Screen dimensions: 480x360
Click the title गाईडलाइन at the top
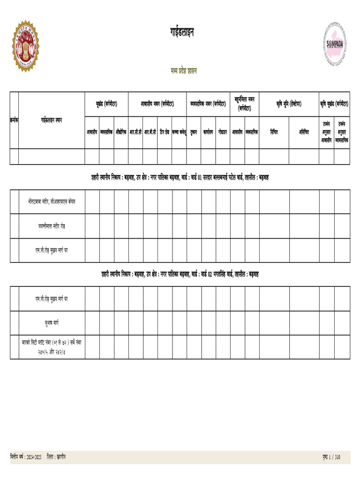(x=182, y=32)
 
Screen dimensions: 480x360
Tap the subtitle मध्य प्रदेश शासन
(x=183, y=71)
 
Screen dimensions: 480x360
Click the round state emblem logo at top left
(x=26, y=46)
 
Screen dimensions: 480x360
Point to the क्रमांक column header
(x=14, y=120)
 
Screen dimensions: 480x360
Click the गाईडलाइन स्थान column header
(x=51, y=120)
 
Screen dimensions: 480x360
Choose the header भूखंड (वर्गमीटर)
(x=106, y=104)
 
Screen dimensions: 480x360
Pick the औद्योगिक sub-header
(x=121, y=133)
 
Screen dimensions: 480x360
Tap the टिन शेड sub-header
(x=165, y=133)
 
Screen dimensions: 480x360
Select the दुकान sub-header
(x=194, y=133)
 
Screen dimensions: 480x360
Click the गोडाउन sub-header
(x=223, y=133)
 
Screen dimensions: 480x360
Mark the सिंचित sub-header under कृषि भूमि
(x=274, y=133)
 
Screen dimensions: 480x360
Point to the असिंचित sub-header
(x=304, y=133)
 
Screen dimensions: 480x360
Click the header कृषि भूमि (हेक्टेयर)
(x=289, y=104)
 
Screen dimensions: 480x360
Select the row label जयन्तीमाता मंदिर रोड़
(x=52, y=226)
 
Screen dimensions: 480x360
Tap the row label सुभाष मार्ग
(x=52, y=323)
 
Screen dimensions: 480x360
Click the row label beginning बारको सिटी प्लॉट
(x=52, y=347)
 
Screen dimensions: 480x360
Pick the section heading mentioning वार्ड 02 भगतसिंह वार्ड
(x=180, y=274)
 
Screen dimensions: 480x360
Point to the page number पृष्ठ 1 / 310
(x=331, y=457)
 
